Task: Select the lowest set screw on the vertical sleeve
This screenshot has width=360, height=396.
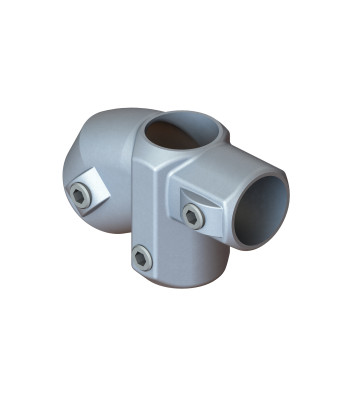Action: coord(142,258)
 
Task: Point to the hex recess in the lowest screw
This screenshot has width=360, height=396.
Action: coord(142,258)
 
